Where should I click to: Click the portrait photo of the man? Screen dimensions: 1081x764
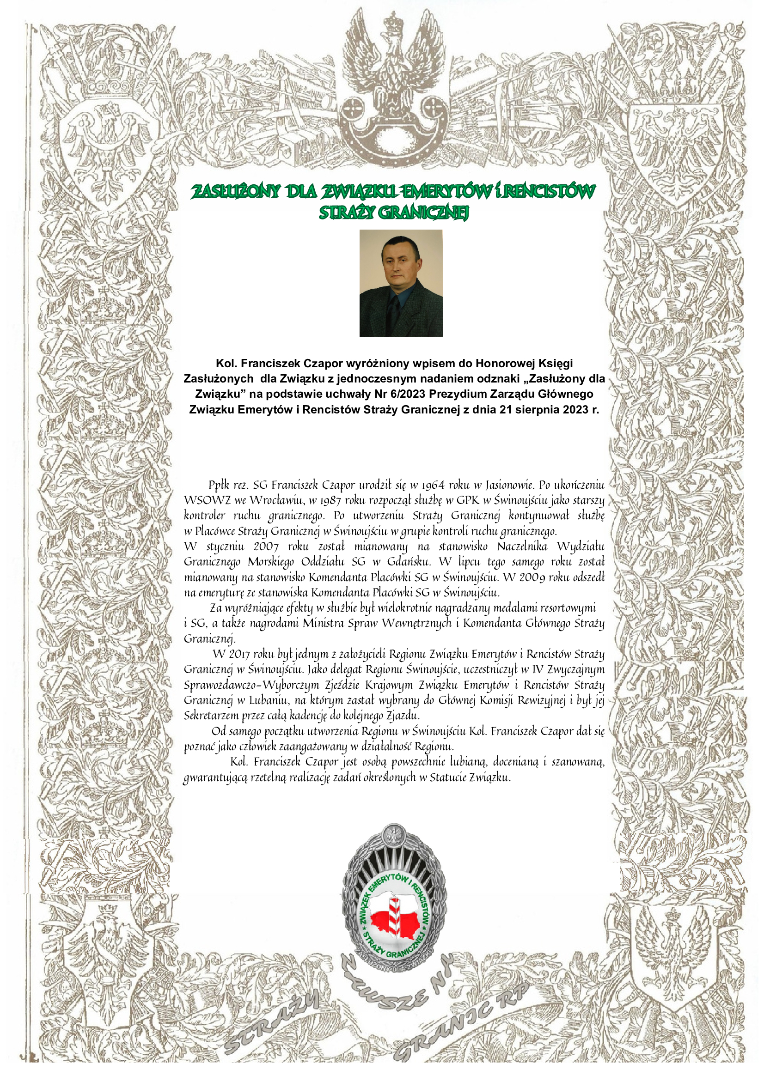click(x=401, y=283)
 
